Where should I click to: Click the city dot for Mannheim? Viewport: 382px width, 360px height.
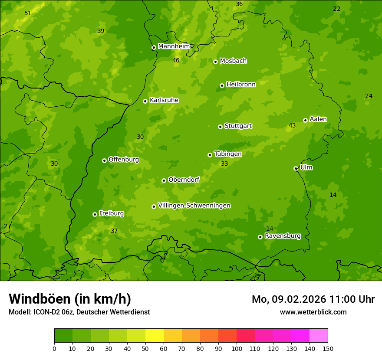tap(154, 48)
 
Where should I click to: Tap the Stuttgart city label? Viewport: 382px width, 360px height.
tap(238, 126)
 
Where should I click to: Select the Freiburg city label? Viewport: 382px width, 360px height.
tap(111, 213)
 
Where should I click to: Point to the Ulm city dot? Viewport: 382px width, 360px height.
tap(296, 169)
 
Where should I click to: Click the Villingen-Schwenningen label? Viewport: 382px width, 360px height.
tap(194, 206)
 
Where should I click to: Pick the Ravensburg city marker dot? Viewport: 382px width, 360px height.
tap(260, 237)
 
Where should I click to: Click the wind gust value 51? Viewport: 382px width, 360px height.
tap(28, 13)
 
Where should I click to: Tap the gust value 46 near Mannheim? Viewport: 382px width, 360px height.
tap(176, 61)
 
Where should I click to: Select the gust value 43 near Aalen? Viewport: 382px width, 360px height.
tap(292, 126)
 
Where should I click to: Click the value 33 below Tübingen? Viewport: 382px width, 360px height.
tap(224, 164)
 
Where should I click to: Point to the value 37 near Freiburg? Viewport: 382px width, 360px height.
tap(114, 231)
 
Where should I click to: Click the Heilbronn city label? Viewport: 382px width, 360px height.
tap(241, 85)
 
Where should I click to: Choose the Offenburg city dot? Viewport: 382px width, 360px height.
tap(105, 160)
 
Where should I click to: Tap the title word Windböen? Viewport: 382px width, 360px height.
tap(40, 299)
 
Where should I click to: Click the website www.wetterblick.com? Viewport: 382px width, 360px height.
tap(313, 312)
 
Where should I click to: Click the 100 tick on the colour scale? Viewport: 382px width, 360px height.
tap(237, 348)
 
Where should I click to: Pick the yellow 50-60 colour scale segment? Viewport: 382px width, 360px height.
tap(155, 335)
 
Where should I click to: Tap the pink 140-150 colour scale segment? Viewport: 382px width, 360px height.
tap(319, 335)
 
